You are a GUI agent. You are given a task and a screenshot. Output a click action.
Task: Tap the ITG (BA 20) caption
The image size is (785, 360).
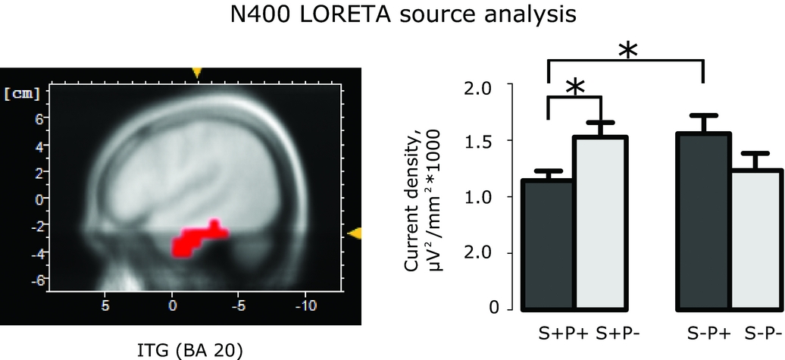[189, 351]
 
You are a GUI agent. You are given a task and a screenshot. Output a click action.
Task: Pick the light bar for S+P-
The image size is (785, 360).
[600, 224]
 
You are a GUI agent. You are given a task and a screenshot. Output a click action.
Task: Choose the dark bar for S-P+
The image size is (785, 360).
[703, 221]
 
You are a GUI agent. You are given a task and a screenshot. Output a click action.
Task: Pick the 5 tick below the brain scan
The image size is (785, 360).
[105, 305]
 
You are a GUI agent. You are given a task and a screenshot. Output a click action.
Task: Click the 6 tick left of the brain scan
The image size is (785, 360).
[38, 119]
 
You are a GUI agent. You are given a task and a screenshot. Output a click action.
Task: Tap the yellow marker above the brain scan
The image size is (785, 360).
[197, 73]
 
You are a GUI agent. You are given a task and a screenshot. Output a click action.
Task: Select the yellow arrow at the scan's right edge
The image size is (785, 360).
[355, 233]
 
